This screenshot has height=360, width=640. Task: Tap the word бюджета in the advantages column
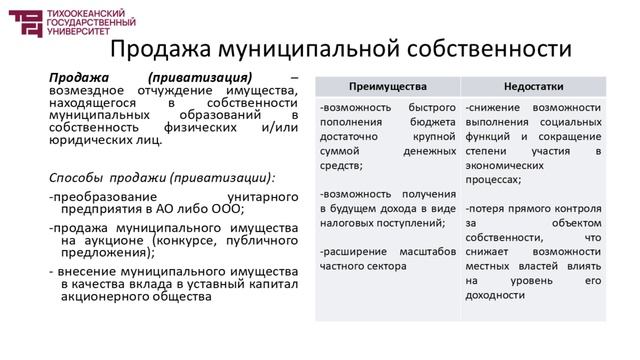pos(433,122)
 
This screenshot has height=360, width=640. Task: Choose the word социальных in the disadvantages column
pos(565,122)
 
